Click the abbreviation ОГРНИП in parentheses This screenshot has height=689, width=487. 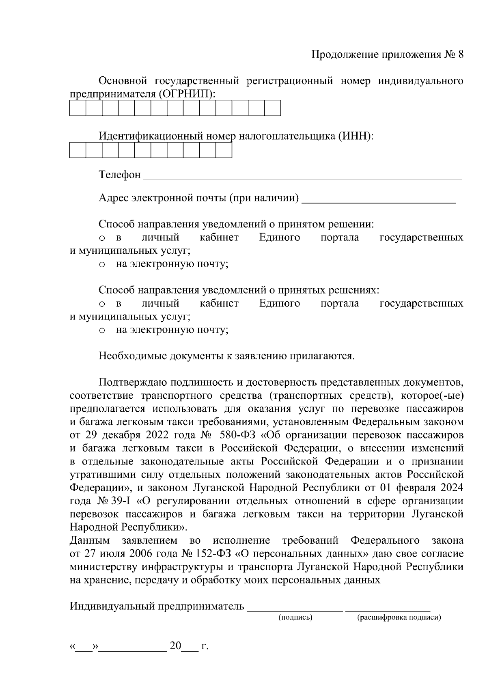point(185,94)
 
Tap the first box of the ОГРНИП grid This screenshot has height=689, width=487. point(78,108)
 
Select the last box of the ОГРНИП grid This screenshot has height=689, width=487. point(272,108)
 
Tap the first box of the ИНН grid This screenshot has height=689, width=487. point(78,150)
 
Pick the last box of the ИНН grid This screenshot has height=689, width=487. point(224,150)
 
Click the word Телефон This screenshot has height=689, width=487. point(120,175)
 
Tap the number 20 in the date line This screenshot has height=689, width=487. point(175,646)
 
